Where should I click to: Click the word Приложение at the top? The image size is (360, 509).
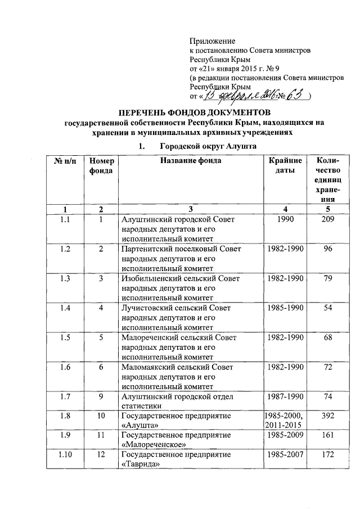pos(212,41)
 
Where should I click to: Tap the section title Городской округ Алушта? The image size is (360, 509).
pos(208,146)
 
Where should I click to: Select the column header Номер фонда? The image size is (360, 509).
pos(101,165)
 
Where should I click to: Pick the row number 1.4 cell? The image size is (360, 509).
pos(65,308)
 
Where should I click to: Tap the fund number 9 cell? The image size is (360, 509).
pos(101,396)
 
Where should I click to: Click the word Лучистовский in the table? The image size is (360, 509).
pos(148,308)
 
